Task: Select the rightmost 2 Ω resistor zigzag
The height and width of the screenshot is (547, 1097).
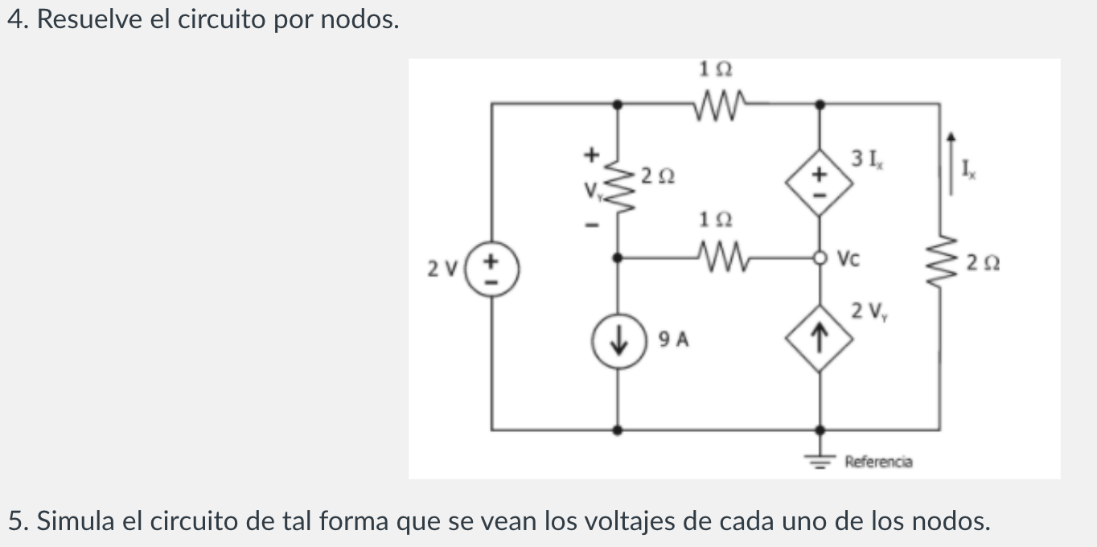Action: pyautogui.click(x=939, y=259)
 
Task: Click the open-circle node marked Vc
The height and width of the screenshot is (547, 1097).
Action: pyautogui.click(x=819, y=258)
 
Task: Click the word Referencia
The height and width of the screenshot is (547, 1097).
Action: pyautogui.click(x=878, y=462)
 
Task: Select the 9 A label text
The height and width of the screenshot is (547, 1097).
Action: pyautogui.click(x=674, y=339)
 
